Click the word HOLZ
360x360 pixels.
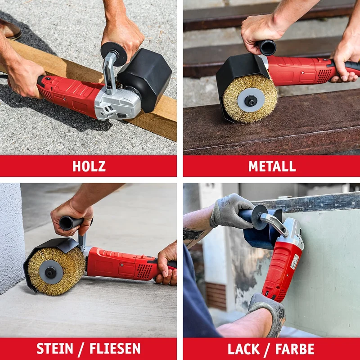(x=89, y=166)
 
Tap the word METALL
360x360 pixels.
(x=272, y=166)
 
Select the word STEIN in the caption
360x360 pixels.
(x=55, y=348)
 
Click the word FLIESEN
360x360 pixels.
(x=115, y=348)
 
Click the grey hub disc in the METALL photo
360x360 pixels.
(x=251, y=100)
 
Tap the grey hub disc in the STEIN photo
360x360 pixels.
(x=51, y=272)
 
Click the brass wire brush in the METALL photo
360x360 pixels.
(x=250, y=99)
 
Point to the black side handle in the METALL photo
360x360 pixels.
(x=266, y=48)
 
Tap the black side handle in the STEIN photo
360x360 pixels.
(x=72, y=222)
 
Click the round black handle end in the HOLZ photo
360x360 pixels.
(x=114, y=54)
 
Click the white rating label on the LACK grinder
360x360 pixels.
(x=294, y=261)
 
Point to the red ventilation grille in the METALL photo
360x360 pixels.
(x=324, y=76)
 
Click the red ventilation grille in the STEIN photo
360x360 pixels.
(x=144, y=271)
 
